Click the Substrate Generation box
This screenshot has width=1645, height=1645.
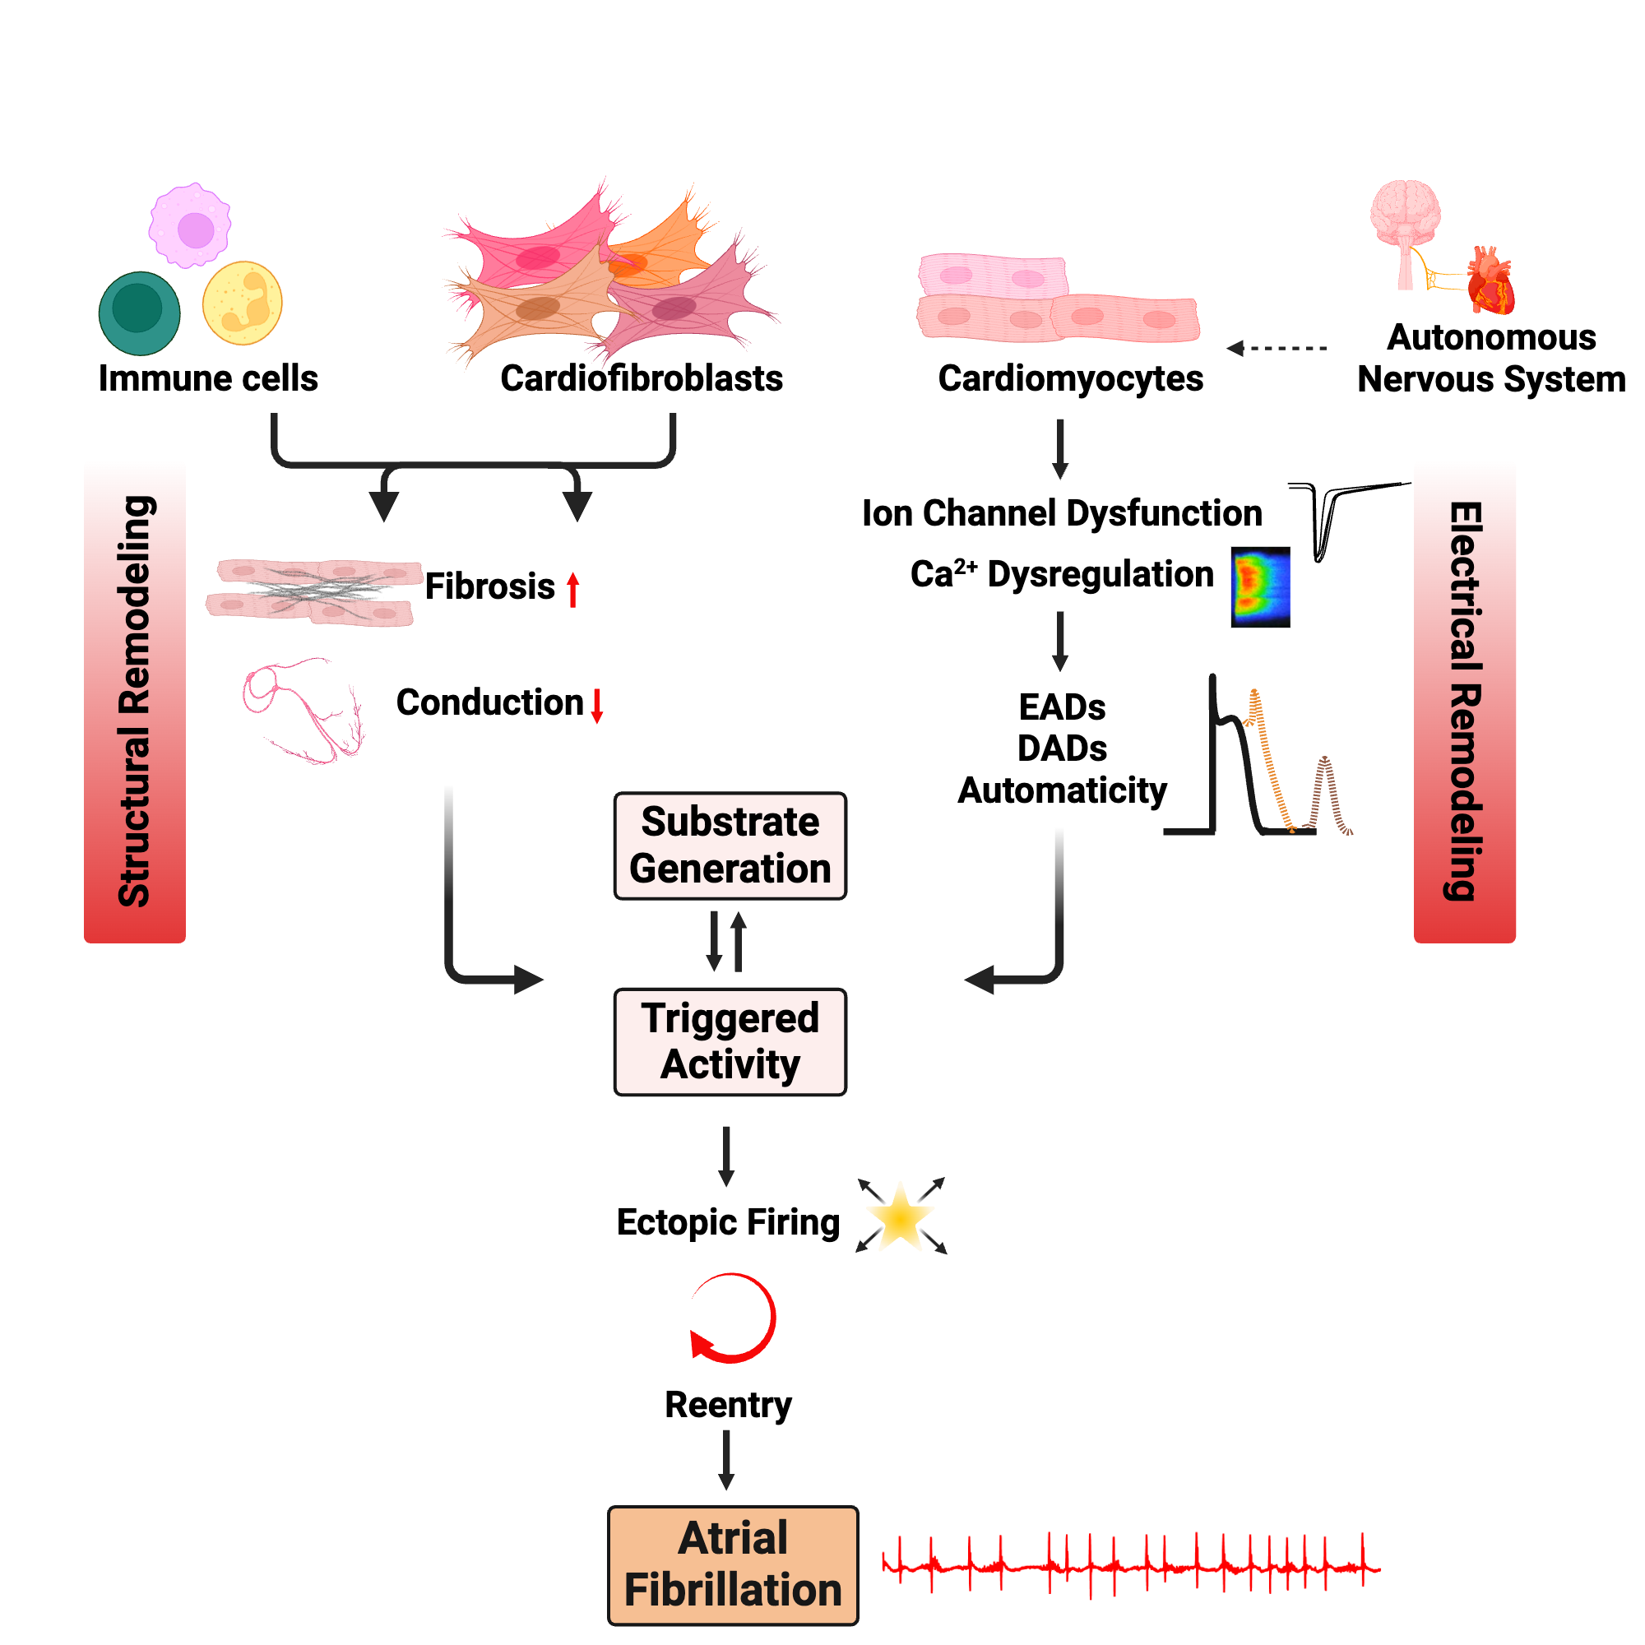point(730,846)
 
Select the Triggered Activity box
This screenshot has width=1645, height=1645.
point(730,1041)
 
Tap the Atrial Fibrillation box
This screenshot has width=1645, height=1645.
point(732,1565)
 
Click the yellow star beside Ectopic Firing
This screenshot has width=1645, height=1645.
point(900,1217)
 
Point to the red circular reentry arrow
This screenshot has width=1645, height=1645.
point(732,1317)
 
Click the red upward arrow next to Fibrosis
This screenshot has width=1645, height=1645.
point(573,589)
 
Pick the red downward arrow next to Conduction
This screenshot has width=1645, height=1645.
point(597,705)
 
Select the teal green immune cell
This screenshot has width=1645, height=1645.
point(139,313)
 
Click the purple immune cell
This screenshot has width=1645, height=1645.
point(191,225)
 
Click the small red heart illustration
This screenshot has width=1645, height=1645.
point(1490,281)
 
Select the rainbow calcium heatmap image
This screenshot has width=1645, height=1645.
point(1260,587)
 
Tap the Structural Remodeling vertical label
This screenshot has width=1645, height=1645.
point(135,702)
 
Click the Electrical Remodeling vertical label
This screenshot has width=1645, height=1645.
point(1465,702)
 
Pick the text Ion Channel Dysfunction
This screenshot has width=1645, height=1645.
point(1062,513)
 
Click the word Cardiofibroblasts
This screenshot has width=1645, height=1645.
point(642,378)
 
